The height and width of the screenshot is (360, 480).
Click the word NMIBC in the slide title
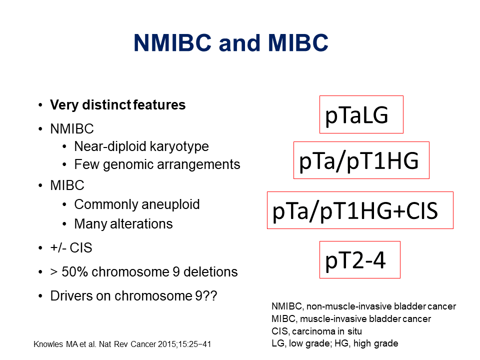[x=172, y=43]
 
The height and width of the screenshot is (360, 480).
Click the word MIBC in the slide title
[x=298, y=43]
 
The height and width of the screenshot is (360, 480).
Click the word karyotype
[x=179, y=146]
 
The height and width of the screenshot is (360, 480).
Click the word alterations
[x=141, y=224]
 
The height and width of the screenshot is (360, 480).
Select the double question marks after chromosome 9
[x=210, y=295]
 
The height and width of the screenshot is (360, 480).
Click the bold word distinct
[x=107, y=104]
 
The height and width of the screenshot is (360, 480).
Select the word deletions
[x=210, y=272]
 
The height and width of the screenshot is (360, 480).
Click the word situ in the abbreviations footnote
[x=354, y=331]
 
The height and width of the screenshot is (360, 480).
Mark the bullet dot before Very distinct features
[x=40, y=105]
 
